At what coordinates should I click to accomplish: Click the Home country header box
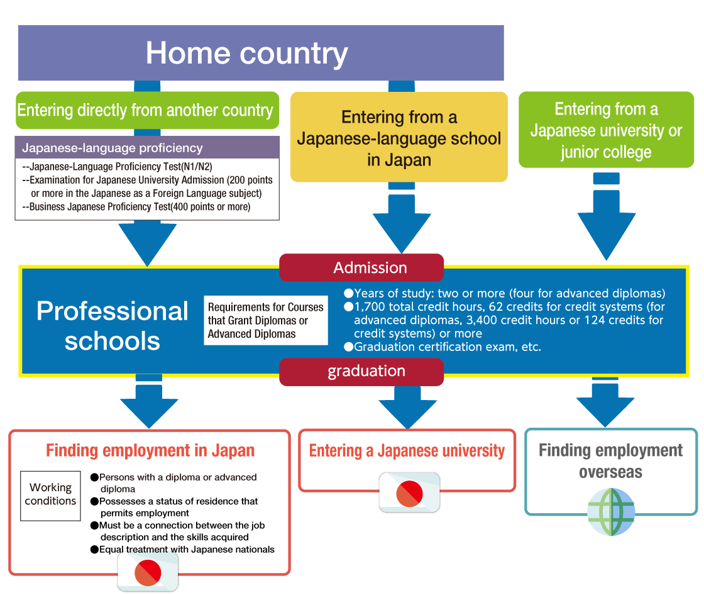click(x=261, y=53)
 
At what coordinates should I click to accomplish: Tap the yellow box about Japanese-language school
click(x=399, y=138)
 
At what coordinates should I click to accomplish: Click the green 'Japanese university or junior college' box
click(x=606, y=130)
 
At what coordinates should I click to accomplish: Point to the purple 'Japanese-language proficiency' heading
click(x=113, y=148)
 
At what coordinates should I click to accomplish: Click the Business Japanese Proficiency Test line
click(x=136, y=207)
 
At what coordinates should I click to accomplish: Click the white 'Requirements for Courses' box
click(x=266, y=320)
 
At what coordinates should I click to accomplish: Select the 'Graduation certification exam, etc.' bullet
click(x=443, y=347)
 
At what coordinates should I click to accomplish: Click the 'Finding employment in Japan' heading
click(x=150, y=451)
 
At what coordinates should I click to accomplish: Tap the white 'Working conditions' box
click(x=50, y=495)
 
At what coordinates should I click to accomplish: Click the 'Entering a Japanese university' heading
click(x=407, y=451)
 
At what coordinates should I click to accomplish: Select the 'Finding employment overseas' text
click(x=610, y=460)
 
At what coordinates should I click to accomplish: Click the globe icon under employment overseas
click(x=611, y=512)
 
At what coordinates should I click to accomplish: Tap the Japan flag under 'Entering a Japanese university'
click(x=409, y=492)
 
